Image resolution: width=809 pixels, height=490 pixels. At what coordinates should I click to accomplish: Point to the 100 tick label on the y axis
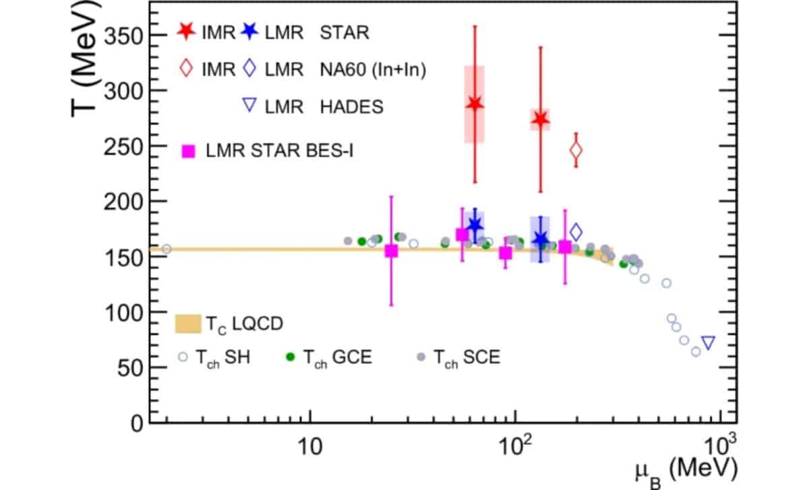[125, 313]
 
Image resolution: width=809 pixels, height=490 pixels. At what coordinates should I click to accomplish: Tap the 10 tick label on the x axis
[309, 446]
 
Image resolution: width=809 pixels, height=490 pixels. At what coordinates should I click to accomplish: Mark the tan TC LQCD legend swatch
[189, 324]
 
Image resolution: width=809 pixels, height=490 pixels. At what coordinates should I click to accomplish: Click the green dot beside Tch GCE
[291, 357]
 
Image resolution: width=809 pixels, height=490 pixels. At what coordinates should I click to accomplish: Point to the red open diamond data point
[575, 150]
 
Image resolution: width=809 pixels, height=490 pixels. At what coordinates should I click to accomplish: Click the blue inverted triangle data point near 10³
[707, 343]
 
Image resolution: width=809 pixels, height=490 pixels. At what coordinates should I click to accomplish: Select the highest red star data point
[475, 104]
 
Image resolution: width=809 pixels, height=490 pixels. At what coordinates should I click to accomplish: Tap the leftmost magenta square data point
[391, 251]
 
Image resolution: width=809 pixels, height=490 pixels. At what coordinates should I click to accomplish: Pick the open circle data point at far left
[167, 249]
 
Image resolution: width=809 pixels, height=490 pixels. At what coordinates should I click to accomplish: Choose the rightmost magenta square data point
[565, 247]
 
